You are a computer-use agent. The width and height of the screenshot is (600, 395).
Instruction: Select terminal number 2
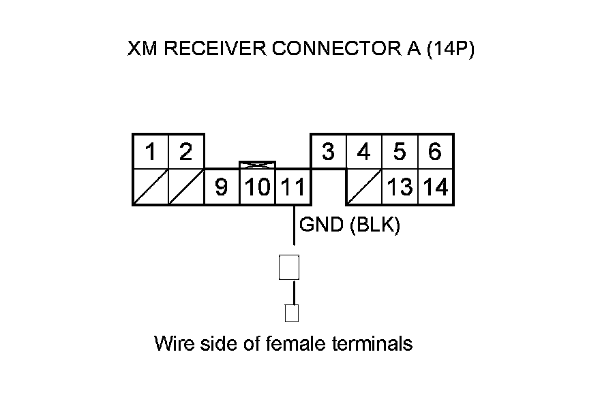coord(185,152)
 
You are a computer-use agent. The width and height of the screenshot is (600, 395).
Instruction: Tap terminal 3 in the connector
coord(329,152)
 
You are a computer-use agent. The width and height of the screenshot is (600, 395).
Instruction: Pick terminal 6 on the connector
coord(435,152)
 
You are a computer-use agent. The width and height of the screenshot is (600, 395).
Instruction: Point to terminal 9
coord(222,187)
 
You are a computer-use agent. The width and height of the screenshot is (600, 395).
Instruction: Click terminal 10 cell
coord(257,187)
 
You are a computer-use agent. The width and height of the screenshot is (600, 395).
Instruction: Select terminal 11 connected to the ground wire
coord(293,187)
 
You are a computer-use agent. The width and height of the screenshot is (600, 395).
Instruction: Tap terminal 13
coord(400,187)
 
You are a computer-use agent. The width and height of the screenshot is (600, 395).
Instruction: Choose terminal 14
coord(435,187)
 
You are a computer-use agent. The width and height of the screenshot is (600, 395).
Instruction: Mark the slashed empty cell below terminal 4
coord(364,187)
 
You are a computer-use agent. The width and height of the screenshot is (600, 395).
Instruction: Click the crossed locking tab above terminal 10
coord(257,165)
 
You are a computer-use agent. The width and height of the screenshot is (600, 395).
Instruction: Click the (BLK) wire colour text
coord(374,225)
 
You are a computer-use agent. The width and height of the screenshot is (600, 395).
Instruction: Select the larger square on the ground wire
coord(289,267)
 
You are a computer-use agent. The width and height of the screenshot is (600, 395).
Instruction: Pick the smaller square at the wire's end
coord(292,313)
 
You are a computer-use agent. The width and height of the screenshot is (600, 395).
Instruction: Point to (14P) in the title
coord(449,50)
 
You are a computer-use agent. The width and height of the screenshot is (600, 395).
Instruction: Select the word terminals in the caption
coord(372,343)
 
